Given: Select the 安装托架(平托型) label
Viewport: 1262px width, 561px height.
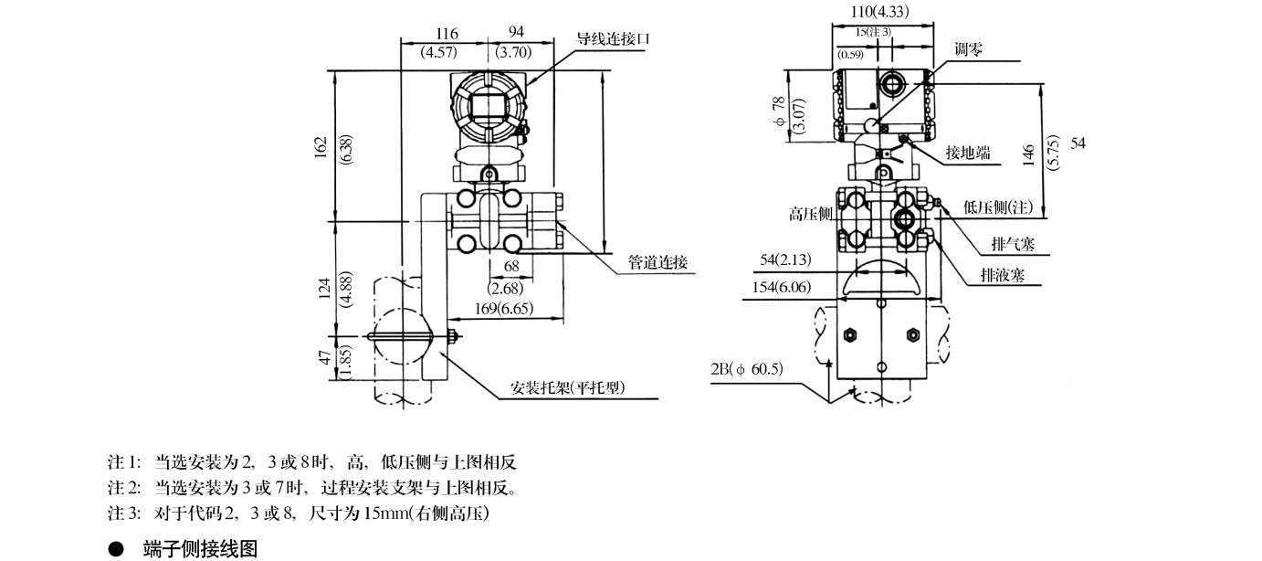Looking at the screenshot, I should tap(567, 388).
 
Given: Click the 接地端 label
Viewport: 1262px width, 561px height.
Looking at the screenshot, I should tap(967, 153).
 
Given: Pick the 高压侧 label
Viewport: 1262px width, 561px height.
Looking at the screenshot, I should tap(811, 214).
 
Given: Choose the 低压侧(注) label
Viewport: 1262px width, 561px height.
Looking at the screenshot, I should tap(998, 207).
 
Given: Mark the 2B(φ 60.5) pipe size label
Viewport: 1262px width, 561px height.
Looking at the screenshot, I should tap(747, 370).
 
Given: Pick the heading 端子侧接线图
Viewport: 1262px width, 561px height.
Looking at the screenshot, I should tap(200, 549).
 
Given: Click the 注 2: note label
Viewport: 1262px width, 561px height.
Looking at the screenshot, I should tap(124, 488).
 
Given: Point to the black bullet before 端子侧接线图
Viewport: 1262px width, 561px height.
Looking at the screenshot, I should tap(115, 550).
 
